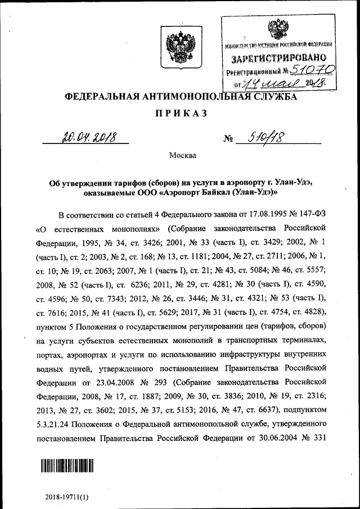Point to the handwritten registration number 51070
312,71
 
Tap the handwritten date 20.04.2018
87,136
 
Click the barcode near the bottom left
65,466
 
